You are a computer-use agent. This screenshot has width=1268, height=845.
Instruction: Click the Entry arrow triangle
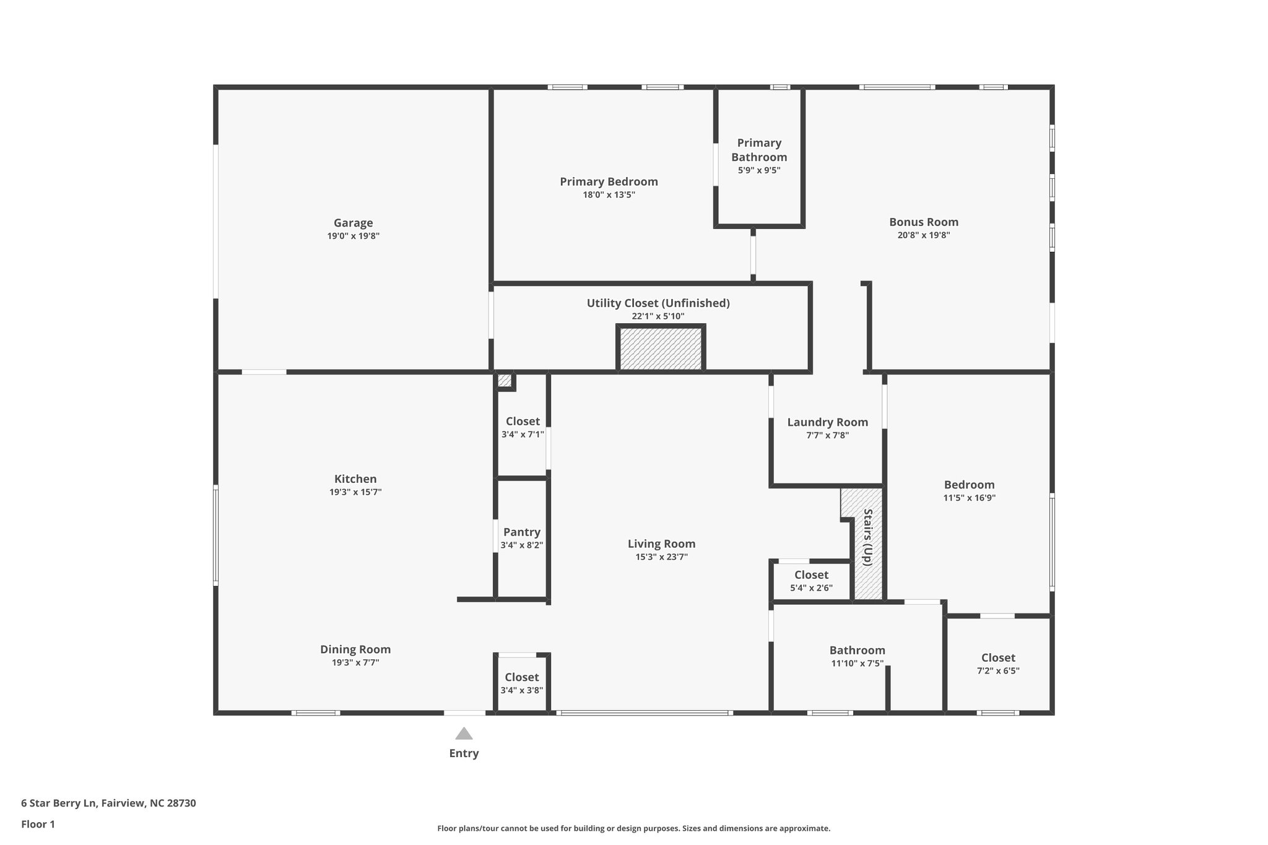pyautogui.click(x=464, y=734)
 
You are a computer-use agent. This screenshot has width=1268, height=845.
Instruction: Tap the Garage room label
pyautogui.click(x=353, y=223)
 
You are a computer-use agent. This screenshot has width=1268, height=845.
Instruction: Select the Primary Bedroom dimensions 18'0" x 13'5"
pyautogui.click(x=609, y=195)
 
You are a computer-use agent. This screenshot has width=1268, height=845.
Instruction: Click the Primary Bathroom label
pyautogui.click(x=759, y=150)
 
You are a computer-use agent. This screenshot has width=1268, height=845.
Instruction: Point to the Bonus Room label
pyautogui.click(x=923, y=222)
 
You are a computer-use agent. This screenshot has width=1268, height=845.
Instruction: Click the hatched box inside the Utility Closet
pyautogui.click(x=661, y=349)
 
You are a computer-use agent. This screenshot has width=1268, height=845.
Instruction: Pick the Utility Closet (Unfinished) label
pyautogui.click(x=658, y=303)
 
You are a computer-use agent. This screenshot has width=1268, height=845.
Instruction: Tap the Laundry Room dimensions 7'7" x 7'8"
pyautogui.click(x=827, y=435)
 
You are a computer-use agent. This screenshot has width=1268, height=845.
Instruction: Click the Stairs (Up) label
pyautogui.click(x=868, y=537)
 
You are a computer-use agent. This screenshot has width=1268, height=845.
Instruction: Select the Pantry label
pyautogui.click(x=521, y=532)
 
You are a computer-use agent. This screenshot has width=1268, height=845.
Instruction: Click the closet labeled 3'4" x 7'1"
pyautogui.click(x=523, y=427)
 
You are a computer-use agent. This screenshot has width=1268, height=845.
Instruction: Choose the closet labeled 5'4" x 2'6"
pyautogui.click(x=811, y=581)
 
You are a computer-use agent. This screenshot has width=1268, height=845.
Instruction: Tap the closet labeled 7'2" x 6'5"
pyautogui.click(x=998, y=663)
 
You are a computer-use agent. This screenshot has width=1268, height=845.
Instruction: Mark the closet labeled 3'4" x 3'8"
pyautogui.click(x=521, y=683)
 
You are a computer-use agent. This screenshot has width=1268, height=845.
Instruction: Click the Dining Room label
pyautogui.click(x=355, y=649)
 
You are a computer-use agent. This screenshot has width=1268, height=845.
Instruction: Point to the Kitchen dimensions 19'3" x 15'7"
pyautogui.click(x=355, y=492)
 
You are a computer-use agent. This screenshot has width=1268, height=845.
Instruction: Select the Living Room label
pyautogui.click(x=661, y=544)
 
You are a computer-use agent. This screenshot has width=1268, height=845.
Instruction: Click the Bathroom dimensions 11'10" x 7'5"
pyautogui.click(x=857, y=664)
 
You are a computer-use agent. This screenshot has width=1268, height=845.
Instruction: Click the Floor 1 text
pyautogui.click(x=38, y=825)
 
